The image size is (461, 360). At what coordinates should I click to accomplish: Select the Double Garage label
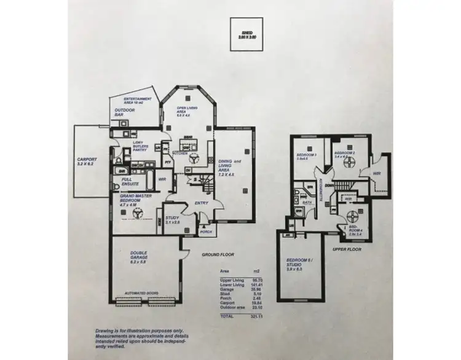pos(139,256)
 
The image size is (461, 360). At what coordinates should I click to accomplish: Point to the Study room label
pos(173,220)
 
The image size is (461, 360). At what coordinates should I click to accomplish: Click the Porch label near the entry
pos(206,232)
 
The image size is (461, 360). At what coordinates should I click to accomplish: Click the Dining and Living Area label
pos(230,165)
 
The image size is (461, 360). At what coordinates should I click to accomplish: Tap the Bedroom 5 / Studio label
pos(299,266)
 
